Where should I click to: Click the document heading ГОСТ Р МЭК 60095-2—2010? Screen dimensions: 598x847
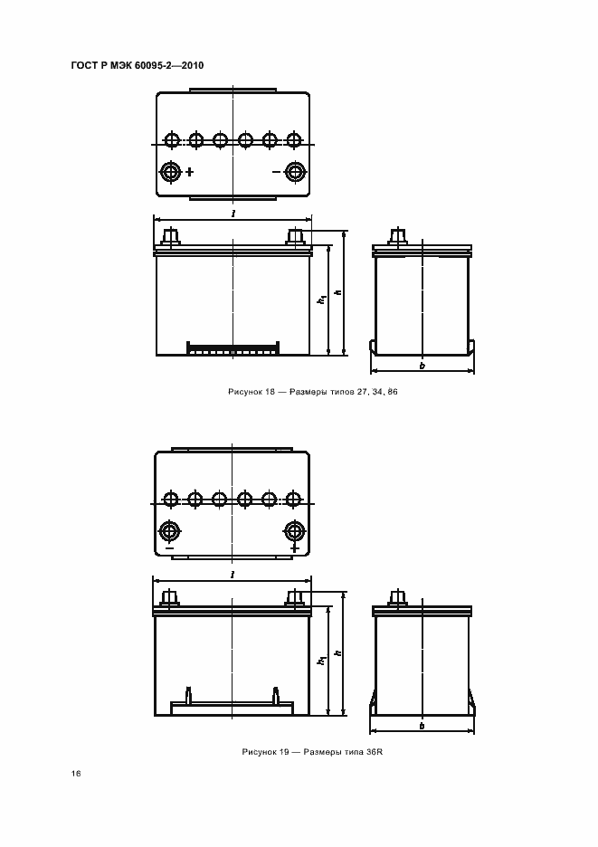click(x=138, y=65)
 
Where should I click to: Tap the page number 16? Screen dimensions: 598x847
click(x=76, y=774)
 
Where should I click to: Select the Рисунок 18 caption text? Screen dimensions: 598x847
click(x=313, y=392)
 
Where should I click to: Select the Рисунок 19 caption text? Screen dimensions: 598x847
click(x=312, y=752)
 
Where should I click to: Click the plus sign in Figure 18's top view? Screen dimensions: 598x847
click(x=190, y=172)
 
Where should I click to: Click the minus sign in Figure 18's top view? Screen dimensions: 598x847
click(x=276, y=172)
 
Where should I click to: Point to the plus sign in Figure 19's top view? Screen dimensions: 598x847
click(x=294, y=547)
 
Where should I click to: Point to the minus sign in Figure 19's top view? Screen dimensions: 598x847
click(x=169, y=548)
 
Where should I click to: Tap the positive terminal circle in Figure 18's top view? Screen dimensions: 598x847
click(x=171, y=172)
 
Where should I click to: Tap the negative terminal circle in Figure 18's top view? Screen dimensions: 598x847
click(x=295, y=172)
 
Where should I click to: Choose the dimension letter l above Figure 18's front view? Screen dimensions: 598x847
click(x=233, y=214)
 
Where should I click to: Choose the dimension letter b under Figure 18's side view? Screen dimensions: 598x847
click(x=422, y=366)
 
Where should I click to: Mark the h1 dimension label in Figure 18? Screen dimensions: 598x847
click(x=322, y=299)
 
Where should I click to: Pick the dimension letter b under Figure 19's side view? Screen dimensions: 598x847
click(x=422, y=726)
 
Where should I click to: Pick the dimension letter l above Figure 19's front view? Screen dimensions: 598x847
click(x=233, y=575)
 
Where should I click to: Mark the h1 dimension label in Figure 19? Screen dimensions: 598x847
click(x=322, y=659)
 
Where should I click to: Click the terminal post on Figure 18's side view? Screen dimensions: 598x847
click(x=398, y=236)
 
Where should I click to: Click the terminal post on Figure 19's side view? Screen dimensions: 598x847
click(x=398, y=597)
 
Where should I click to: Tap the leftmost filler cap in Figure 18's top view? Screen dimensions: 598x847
click(x=172, y=140)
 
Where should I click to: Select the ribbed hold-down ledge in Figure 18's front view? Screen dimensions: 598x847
click(x=233, y=348)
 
